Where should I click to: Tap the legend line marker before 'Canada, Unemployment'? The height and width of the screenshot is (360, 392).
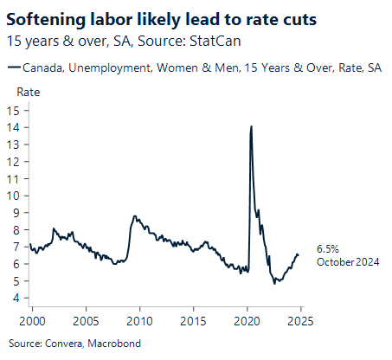(x=11, y=67)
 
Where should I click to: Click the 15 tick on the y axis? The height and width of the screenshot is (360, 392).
(x=16, y=110)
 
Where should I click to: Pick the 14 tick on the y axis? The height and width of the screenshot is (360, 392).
(x=16, y=127)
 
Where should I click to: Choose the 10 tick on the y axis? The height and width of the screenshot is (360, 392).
(x=16, y=196)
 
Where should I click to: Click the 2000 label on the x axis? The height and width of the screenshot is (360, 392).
(x=32, y=320)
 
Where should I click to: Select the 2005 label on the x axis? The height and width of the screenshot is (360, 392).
(x=86, y=320)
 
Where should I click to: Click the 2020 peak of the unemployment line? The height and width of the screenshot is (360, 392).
(x=251, y=127)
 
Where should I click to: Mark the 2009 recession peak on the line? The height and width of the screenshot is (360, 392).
(x=134, y=216)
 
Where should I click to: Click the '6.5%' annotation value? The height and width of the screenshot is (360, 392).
(x=328, y=247)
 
